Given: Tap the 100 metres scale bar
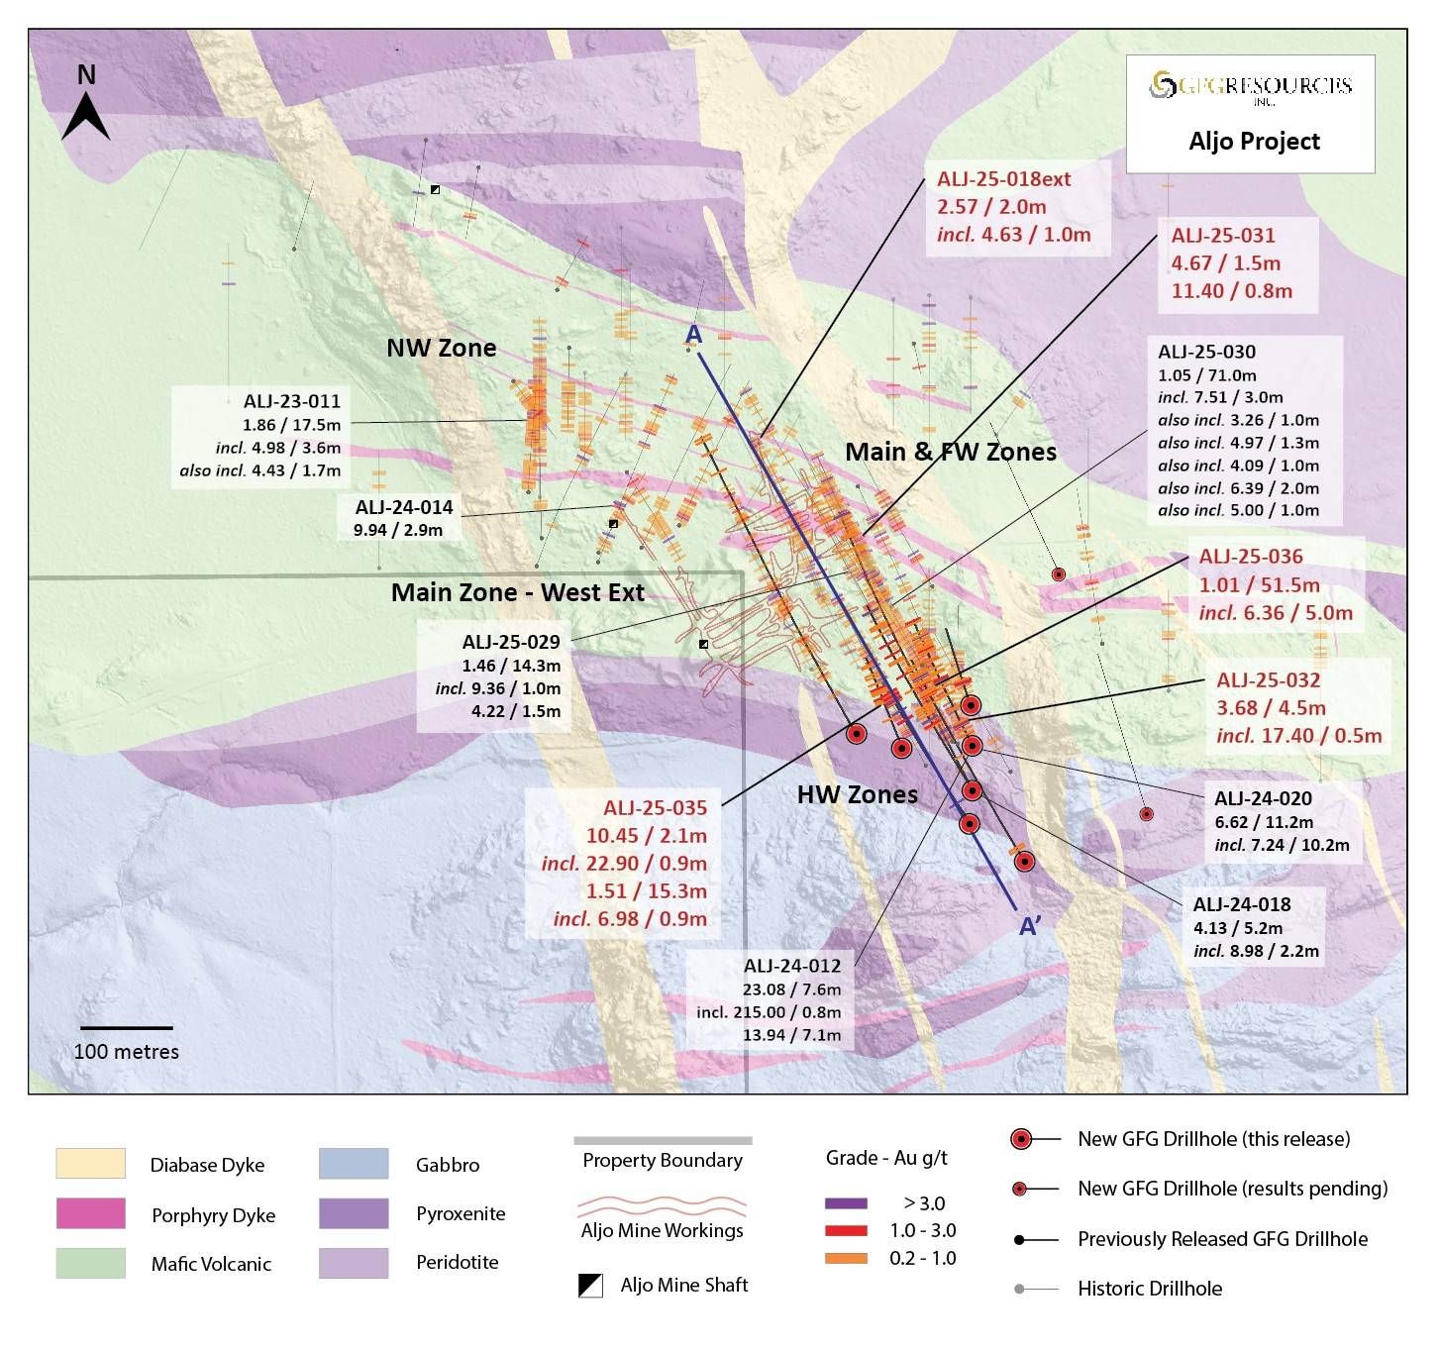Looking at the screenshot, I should point(126,1028).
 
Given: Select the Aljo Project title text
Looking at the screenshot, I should point(1254,142).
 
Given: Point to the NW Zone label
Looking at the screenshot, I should point(441,348).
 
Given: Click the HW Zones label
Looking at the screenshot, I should point(857,794).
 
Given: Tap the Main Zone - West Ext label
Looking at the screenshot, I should point(517,592).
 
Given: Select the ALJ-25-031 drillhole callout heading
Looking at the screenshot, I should point(1223,236).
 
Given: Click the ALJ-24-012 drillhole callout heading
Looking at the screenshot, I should point(792,966).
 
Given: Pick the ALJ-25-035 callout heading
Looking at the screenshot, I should point(655,808).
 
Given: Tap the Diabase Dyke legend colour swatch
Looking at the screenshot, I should point(90,1164).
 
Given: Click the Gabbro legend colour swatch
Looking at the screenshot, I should point(354,1164).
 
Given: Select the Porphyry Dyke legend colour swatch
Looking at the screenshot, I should point(90,1213).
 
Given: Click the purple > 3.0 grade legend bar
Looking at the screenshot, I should point(846,1203).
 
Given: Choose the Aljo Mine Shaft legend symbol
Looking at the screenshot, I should point(590,1286).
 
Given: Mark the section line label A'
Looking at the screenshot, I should point(1030,926).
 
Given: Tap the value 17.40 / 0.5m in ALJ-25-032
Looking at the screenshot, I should point(1320,736).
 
